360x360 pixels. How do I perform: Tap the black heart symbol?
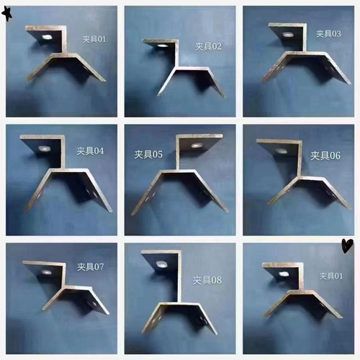(x=348, y=246)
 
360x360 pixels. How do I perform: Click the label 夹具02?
(x=209, y=46)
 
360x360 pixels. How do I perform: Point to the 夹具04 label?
(x=91, y=151)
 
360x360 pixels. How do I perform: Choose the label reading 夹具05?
(x=148, y=153)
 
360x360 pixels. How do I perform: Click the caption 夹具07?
(x=91, y=267)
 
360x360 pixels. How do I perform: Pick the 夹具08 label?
(x=207, y=278)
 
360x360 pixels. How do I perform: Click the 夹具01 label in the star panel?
(x=91, y=39)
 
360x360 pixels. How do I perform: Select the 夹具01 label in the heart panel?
(x=330, y=276)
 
